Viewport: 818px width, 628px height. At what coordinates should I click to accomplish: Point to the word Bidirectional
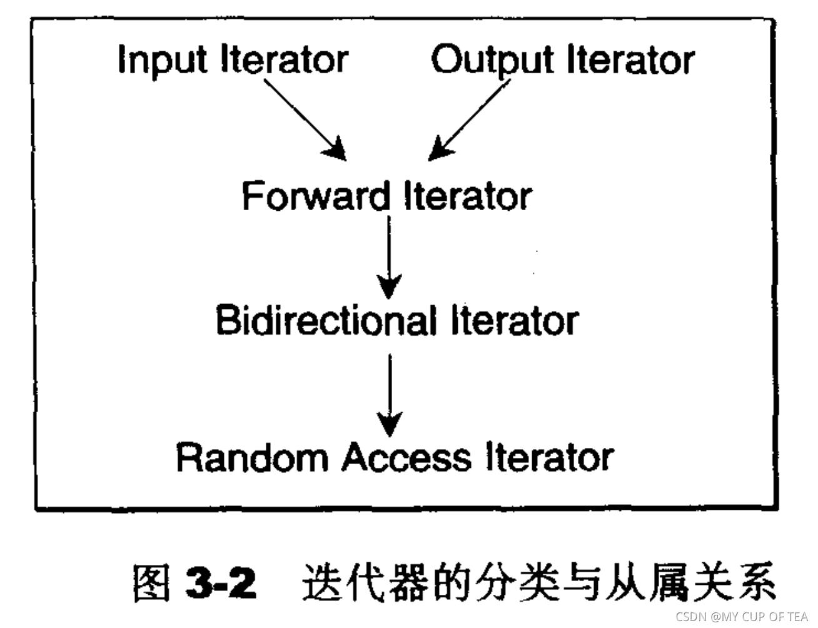pos(325,321)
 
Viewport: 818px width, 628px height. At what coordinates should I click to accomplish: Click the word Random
pos(253,457)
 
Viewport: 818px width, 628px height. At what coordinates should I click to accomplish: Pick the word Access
pos(406,457)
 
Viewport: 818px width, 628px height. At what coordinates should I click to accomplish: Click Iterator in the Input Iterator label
pos(285,60)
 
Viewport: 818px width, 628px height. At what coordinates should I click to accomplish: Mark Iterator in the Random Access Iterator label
pos(550,457)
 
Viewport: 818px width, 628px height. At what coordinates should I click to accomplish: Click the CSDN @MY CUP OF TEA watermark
pos(742,617)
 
